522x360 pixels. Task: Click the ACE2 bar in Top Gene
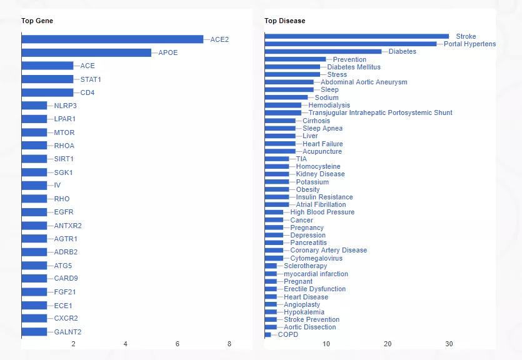point(113,39)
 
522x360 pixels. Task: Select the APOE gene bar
point(86,52)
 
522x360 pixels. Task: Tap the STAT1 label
point(91,79)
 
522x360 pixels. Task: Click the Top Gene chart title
point(37,21)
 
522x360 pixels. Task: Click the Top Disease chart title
point(284,21)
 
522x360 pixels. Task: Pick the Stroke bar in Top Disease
point(356,36)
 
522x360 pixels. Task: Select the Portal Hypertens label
point(469,44)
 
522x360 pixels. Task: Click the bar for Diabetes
point(323,51)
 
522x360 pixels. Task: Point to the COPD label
point(288,334)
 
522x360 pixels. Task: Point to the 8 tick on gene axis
point(229,344)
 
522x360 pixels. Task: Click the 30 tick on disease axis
point(449,344)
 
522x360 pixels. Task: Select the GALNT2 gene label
point(68,332)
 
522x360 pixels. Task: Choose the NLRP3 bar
point(34,106)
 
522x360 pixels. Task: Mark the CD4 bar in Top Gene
point(48,92)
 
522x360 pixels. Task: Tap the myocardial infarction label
point(316,274)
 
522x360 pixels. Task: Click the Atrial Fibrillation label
point(321,204)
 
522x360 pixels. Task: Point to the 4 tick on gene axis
point(126,344)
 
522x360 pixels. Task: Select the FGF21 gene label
point(66,292)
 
